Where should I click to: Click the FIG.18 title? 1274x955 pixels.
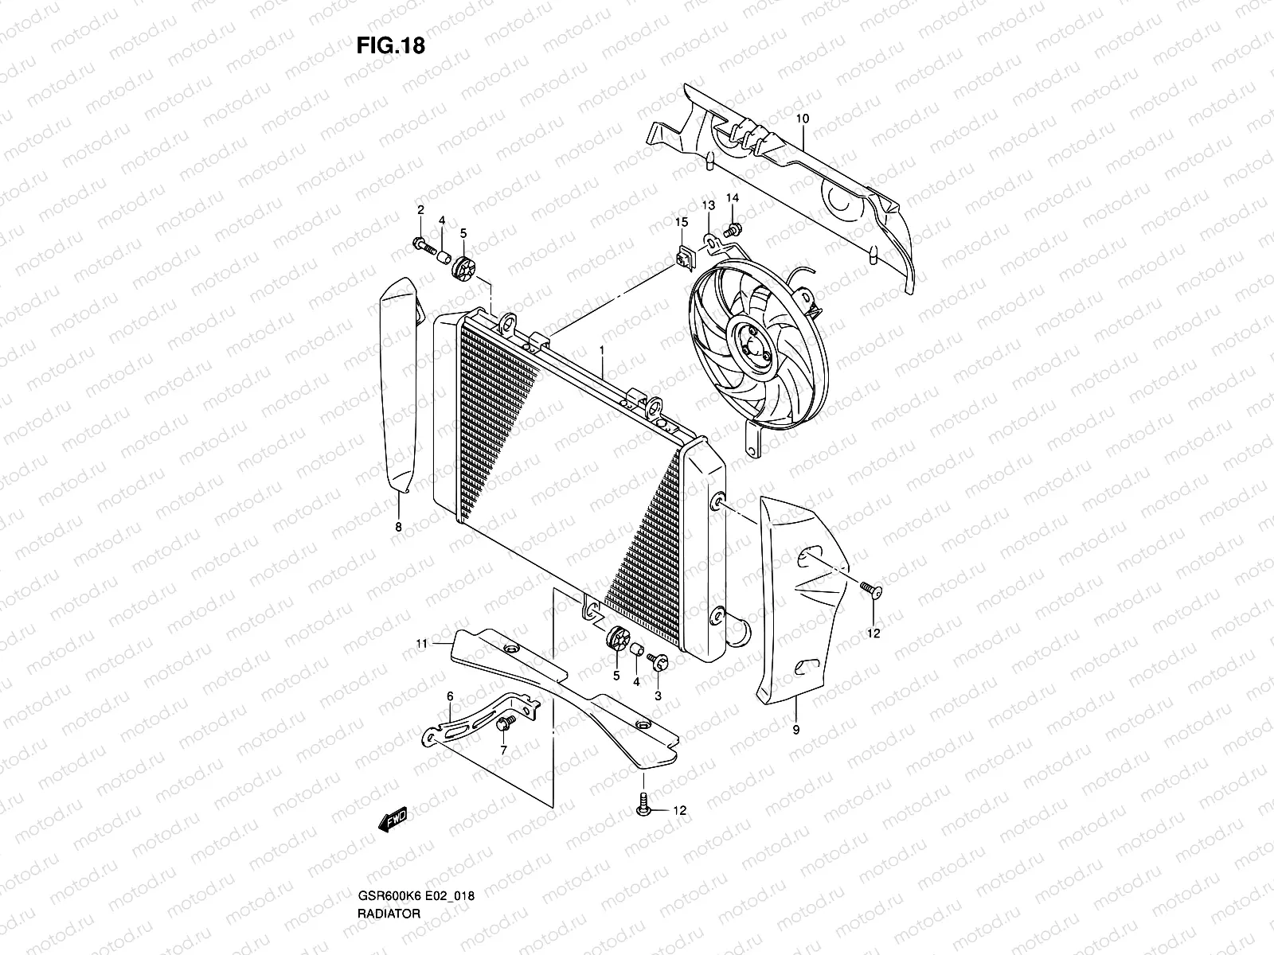(x=390, y=45)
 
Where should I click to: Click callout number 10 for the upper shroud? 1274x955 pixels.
(x=802, y=119)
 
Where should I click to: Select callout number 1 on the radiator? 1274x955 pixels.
(x=603, y=350)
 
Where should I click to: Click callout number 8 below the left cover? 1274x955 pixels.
(x=398, y=527)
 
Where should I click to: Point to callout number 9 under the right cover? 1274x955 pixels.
(x=796, y=728)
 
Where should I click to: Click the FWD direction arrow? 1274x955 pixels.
(x=393, y=820)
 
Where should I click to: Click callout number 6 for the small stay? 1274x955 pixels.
(x=450, y=696)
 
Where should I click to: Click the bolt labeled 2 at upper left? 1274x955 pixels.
(x=421, y=244)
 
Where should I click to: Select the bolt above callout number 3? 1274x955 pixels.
(x=658, y=661)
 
